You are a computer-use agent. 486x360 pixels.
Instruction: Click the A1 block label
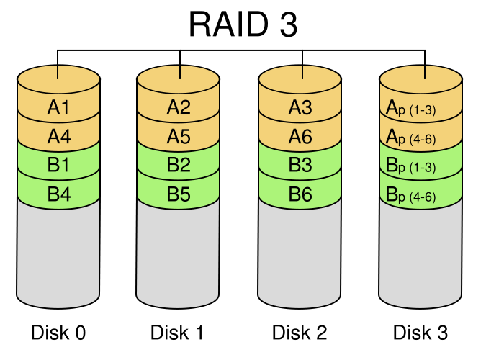[58, 108]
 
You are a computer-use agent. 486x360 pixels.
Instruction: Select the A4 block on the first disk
[58, 136]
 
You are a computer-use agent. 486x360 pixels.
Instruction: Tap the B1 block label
[58, 165]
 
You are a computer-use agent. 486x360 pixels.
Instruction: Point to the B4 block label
[58, 194]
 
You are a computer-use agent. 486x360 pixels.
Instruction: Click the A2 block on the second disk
[178, 108]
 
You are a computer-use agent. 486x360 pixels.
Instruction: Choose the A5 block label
[178, 136]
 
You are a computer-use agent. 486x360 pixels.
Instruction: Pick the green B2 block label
[178, 165]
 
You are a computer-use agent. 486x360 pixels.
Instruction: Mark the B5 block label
[178, 194]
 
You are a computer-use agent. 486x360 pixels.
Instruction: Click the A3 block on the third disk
[300, 108]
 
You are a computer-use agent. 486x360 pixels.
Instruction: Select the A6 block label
[300, 136]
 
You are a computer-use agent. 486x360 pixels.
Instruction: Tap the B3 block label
[300, 165]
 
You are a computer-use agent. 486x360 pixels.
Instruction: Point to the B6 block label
[300, 194]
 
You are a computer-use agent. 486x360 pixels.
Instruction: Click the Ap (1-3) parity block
[420, 109]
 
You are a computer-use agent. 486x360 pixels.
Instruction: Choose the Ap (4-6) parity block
[420, 137]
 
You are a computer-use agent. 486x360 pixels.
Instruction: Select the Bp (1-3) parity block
[420, 166]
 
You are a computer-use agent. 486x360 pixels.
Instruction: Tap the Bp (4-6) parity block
[420, 194]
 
